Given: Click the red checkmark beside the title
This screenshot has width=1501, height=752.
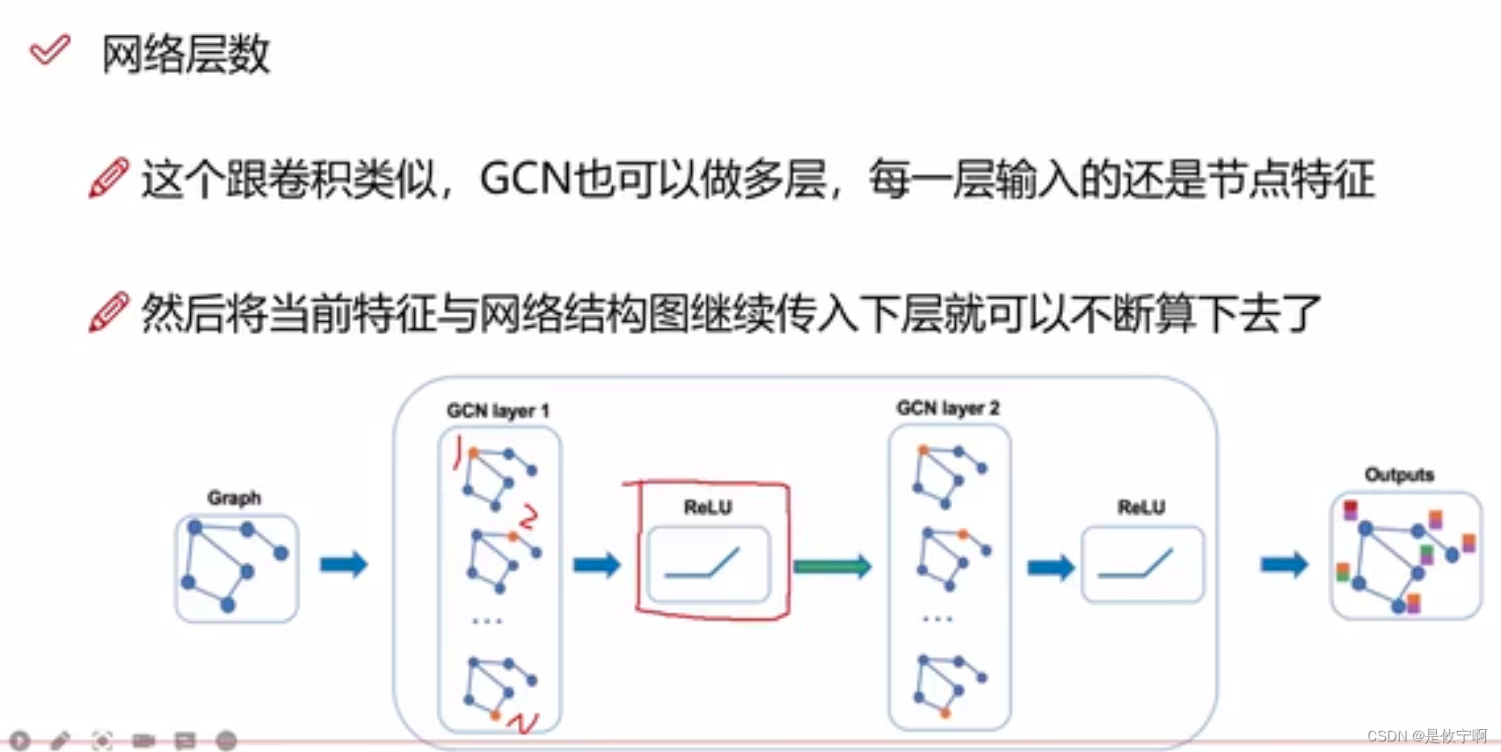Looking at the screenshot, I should (49, 50).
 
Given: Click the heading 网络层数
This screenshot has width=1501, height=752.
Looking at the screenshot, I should (186, 55).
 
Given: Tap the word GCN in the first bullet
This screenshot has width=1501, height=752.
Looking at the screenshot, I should (525, 179).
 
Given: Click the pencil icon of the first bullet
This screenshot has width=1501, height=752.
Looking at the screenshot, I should (109, 179).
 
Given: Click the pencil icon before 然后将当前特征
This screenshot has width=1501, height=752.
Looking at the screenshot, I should (109, 313).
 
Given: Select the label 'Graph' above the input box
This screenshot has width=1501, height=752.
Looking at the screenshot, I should (234, 498).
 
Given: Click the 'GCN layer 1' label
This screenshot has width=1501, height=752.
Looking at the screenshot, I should (498, 411).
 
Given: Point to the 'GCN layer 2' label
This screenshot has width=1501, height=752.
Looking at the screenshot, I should (948, 408).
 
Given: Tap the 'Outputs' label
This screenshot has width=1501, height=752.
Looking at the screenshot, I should (1399, 475).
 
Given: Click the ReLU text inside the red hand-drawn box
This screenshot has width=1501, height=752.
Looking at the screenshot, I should (708, 507).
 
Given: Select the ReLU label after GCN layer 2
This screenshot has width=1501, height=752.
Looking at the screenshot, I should (1141, 507).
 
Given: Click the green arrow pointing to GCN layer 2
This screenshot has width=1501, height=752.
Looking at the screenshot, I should (832, 566).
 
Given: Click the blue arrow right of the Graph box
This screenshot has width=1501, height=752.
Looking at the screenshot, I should (344, 565).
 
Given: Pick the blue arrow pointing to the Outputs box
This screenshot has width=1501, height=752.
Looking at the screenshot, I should (1285, 565).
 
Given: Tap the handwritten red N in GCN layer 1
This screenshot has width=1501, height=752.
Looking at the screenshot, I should (524, 724).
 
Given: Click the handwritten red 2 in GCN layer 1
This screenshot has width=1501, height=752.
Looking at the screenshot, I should (528, 517).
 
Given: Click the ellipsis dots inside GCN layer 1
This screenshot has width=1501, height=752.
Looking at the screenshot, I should (487, 621).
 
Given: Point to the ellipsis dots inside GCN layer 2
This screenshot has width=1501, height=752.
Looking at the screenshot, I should (937, 619).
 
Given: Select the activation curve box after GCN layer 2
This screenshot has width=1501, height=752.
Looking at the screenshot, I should (1142, 565).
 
